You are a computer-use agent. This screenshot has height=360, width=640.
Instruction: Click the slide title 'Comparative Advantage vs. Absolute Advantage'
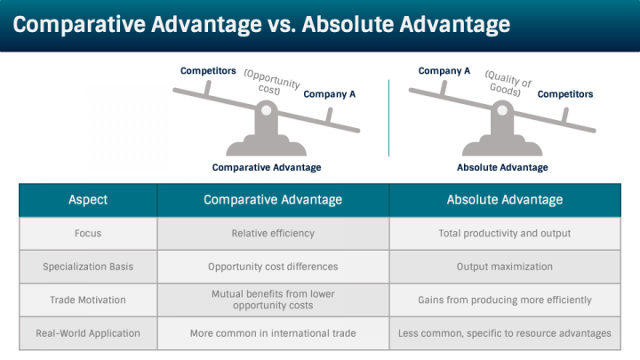[x=261, y=24]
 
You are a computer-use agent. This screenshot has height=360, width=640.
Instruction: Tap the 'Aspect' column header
[x=88, y=200]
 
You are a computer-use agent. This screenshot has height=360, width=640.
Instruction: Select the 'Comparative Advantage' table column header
[x=273, y=200]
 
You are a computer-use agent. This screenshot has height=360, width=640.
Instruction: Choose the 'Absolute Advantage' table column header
[x=504, y=200]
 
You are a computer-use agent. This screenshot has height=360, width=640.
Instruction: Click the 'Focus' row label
[x=88, y=234]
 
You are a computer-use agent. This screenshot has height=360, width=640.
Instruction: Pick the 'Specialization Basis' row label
[x=88, y=267]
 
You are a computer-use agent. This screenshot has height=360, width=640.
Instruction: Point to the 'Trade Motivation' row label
[x=88, y=300]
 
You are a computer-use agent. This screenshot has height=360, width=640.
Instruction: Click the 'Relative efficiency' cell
[x=273, y=234]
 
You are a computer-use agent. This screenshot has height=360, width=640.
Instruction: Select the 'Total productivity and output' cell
[x=504, y=234]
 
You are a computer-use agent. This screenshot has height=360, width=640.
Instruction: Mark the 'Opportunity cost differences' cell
[x=273, y=267]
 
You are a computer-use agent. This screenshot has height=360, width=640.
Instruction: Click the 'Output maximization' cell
[x=504, y=267]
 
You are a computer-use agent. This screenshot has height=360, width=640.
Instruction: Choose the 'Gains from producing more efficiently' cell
[x=504, y=300]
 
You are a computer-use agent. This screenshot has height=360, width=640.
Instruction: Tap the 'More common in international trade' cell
[x=273, y=333]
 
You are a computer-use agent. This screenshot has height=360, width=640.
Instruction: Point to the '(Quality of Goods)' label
[x=508, y=84]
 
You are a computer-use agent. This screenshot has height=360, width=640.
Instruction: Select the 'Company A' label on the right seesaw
[x=444, y=71]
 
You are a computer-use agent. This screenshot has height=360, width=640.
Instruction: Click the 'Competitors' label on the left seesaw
[x=208, y=70]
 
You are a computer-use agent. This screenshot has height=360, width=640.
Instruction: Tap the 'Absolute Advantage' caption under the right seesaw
[x=502, y=167]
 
